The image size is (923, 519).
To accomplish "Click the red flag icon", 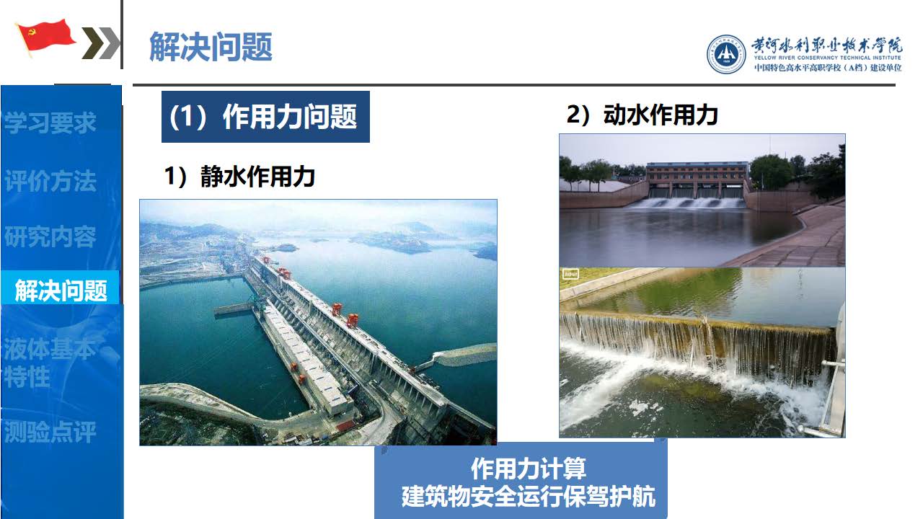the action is point(45,37).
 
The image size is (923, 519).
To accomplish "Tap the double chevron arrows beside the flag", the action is point(100,43).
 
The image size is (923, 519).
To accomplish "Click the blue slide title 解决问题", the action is point(211,47).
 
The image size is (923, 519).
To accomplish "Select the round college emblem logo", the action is point(726,54).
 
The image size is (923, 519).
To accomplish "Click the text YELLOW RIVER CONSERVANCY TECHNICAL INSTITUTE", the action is point(827,58).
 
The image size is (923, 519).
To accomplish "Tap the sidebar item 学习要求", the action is point(50,123).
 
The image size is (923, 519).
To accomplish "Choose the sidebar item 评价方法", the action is point(50,180).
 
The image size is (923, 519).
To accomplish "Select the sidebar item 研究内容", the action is point(50,236).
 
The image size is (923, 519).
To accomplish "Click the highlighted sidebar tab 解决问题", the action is point(61,290).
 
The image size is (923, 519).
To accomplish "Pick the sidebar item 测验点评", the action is point(50,432).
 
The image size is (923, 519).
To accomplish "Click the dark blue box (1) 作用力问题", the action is point(265,117).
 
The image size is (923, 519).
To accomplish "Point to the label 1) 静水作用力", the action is point(239,177).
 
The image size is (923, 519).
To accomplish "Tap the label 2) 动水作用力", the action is point(642,115).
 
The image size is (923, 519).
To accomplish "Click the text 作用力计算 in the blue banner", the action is point(529,469).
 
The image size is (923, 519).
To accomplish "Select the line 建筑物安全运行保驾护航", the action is point(529,497).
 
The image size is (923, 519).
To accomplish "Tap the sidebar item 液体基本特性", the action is point(50,363).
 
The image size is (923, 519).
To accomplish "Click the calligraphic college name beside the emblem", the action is point(826,45).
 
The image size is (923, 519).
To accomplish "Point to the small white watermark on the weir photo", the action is point(570,274).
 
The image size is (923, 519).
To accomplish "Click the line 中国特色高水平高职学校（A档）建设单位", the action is point(827,68).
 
